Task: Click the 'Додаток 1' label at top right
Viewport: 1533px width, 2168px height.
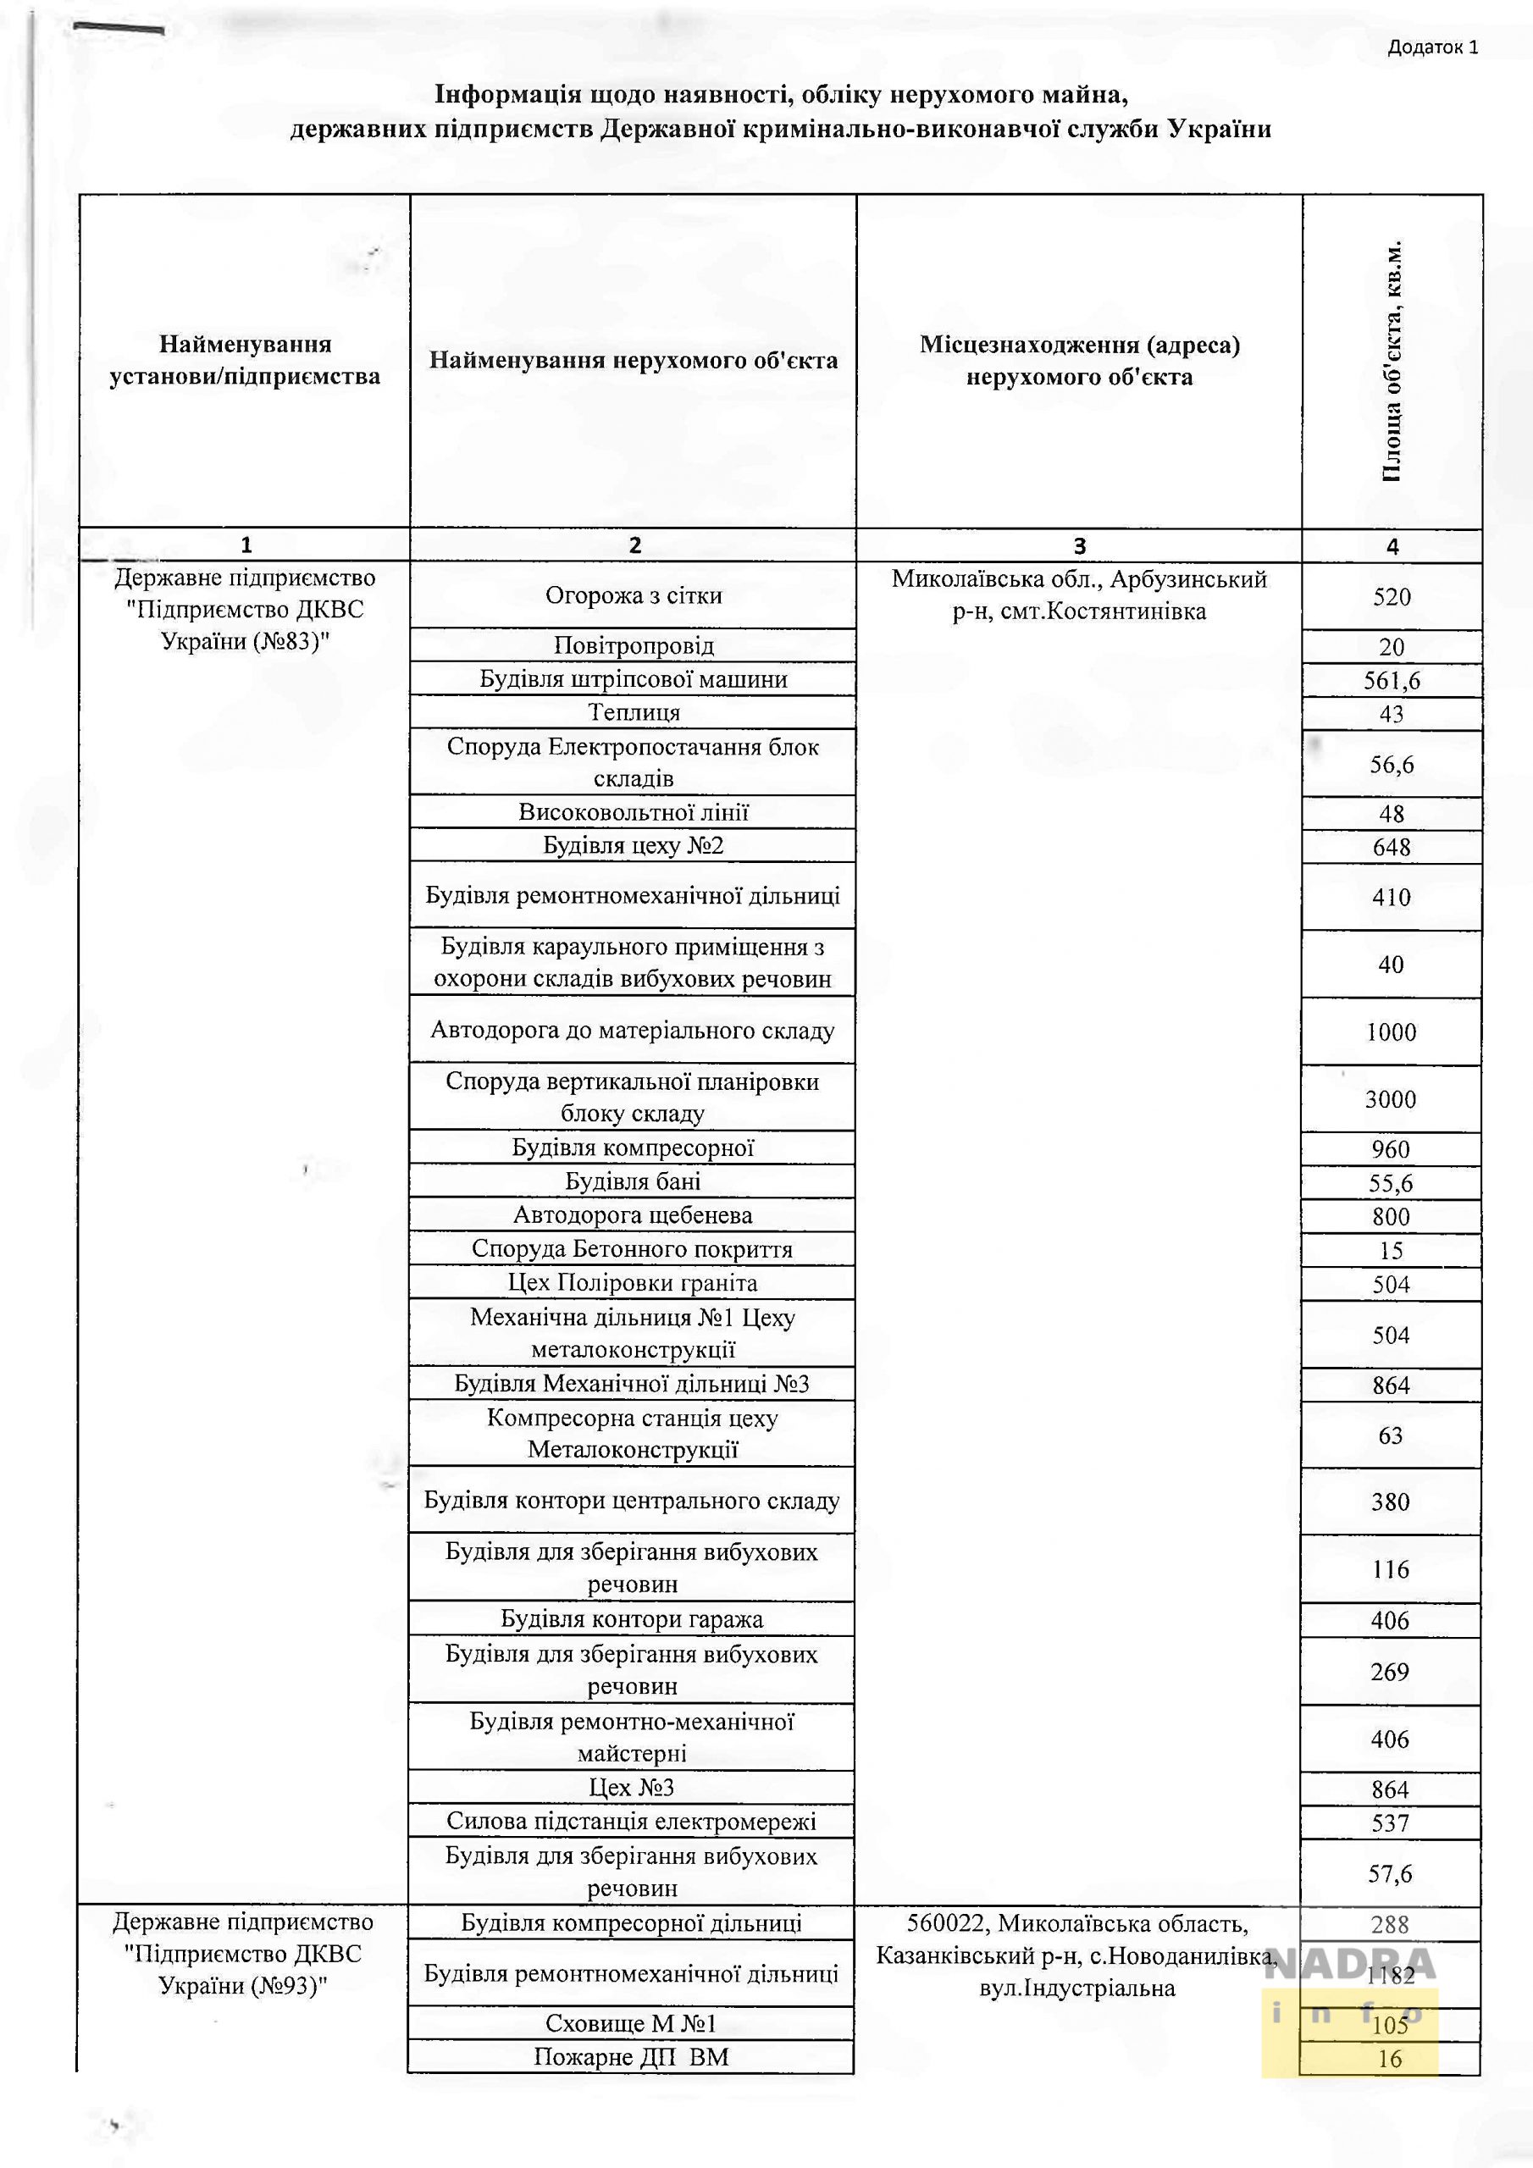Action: coord(1432,47)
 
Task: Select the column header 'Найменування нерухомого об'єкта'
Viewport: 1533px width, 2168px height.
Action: coord(633,360)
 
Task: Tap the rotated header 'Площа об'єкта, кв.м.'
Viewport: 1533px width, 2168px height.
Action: coord(1392,361)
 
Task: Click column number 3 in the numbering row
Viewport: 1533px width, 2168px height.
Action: coord(1079,545)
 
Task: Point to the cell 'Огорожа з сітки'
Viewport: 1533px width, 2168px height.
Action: coord(633,596)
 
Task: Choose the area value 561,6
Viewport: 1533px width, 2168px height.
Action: coord(1392,681)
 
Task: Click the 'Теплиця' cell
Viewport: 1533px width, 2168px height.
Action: coord(633,713)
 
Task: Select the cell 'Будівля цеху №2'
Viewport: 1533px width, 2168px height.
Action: coord(633,846)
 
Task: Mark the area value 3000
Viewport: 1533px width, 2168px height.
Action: coord(1391,1099)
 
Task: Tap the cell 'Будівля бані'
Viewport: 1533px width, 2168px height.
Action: coord(633,1182)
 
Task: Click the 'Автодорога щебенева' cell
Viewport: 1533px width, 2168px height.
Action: coord(633,1216)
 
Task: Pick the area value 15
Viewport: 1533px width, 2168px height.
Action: coord(1391,1251)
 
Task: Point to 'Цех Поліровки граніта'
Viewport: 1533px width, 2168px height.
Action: coord(633,1283)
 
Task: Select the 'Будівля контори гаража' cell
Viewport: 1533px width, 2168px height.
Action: coord(632,1619)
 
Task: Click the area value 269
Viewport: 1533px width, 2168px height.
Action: coord(1389,1672)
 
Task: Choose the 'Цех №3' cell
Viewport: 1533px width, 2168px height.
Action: coord(632,1788)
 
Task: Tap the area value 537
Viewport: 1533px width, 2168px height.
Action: coord(1389,1822)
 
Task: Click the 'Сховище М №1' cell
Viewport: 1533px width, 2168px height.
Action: coord(631,2023)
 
